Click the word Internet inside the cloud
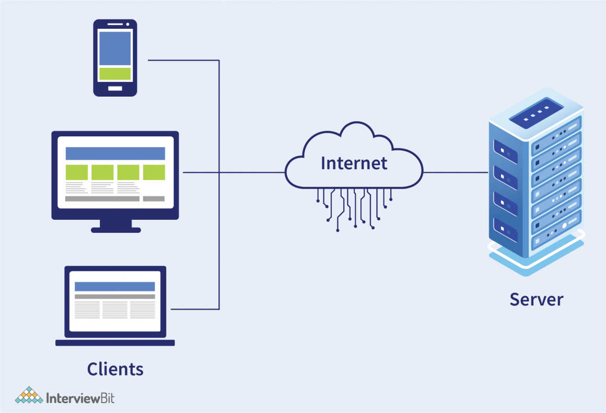click(354, 163)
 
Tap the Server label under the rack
click(537, 300)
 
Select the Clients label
click(115, 369)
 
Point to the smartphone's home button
click(115, 88)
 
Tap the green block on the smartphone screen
click(115, 74)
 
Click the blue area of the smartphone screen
click(115, 48)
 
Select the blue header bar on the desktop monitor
click(115, 154)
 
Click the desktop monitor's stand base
click(115, 229)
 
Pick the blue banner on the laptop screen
click(115, 287)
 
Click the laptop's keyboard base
click(115, 343)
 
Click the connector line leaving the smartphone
click(183, 61)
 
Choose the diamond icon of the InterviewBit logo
click(29, 395)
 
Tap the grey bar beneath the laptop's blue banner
click(115, 297)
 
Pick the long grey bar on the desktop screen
click(102, 199)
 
